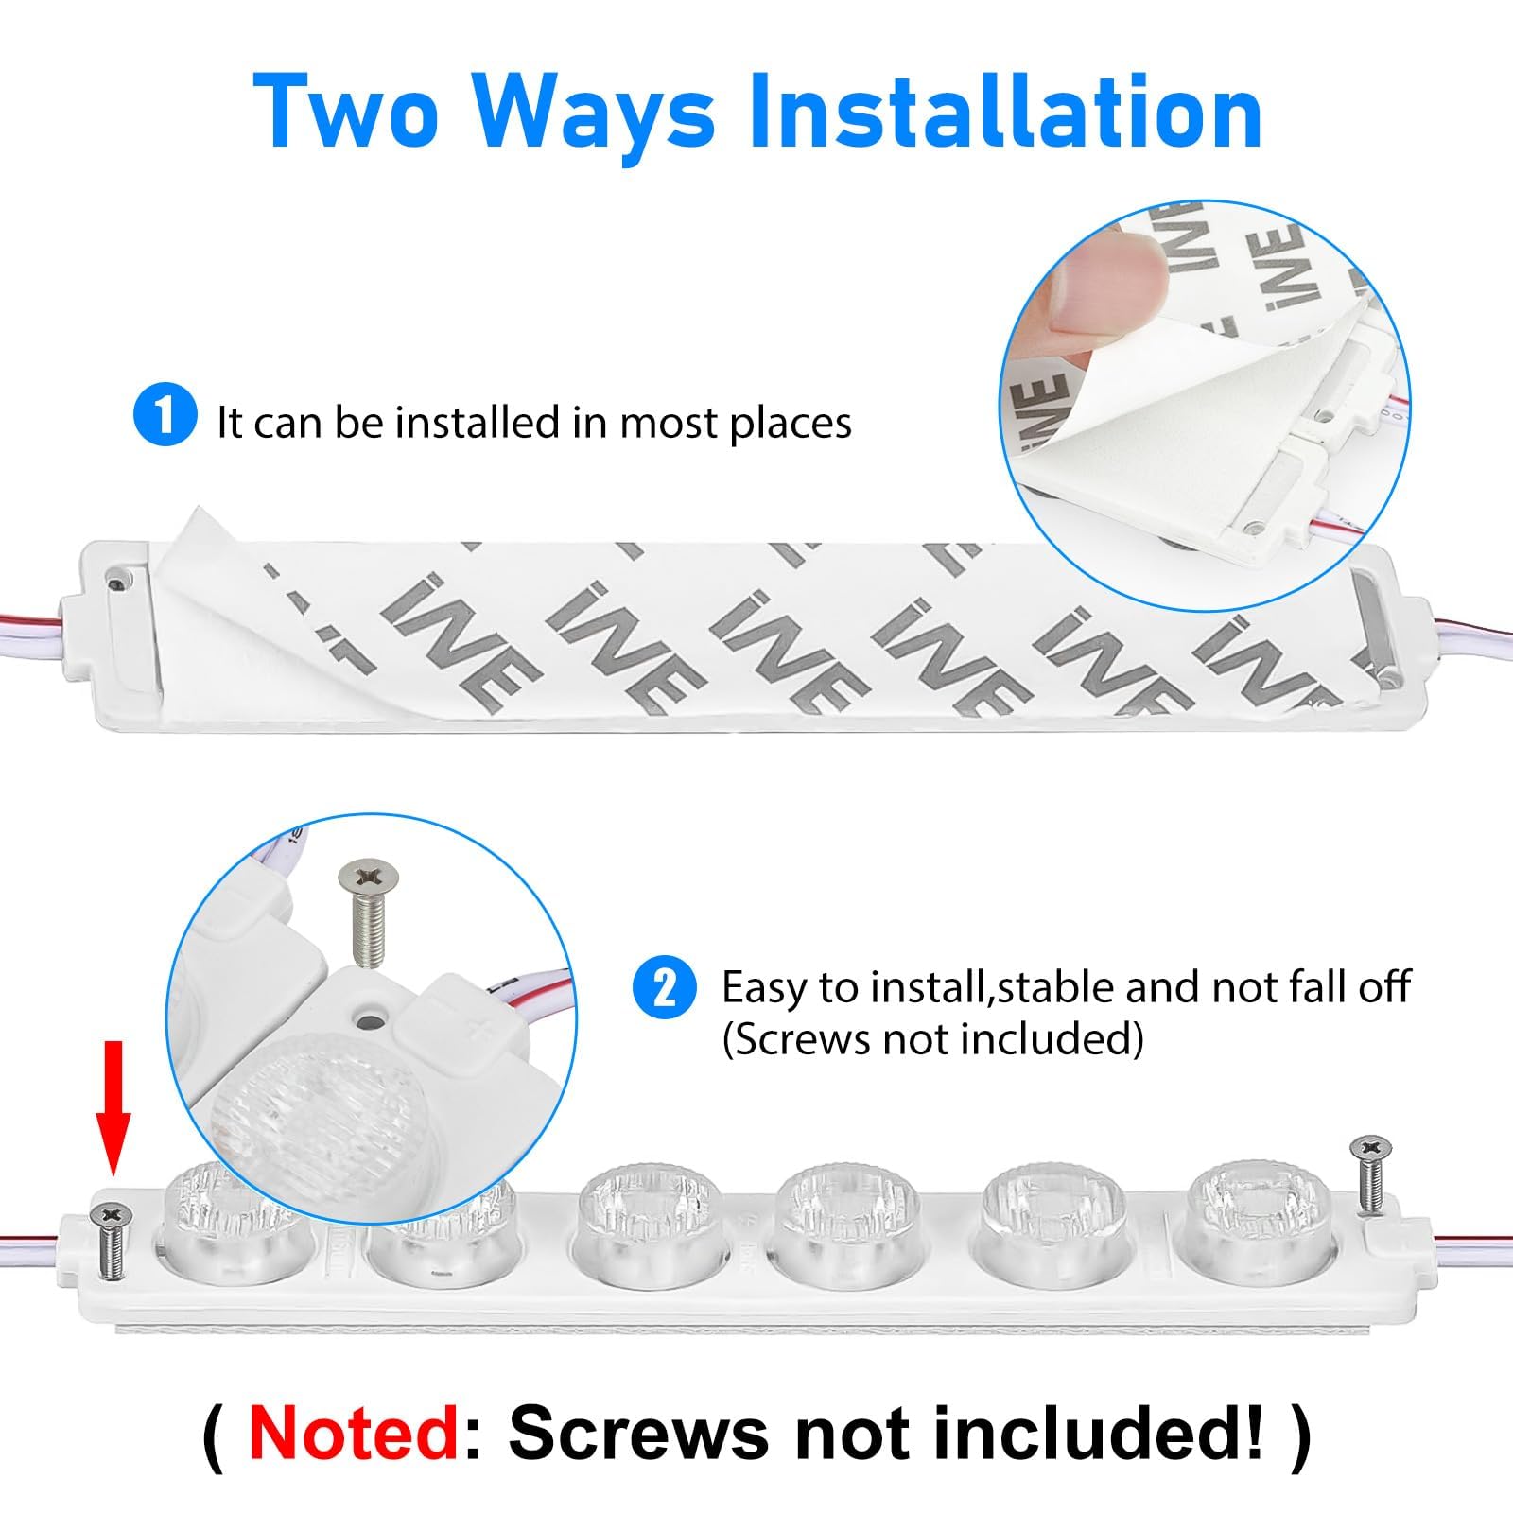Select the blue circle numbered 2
tap(665, 988)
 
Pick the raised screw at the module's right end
tap(1369, 1173)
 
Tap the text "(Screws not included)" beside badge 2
tap(932, 1039)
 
